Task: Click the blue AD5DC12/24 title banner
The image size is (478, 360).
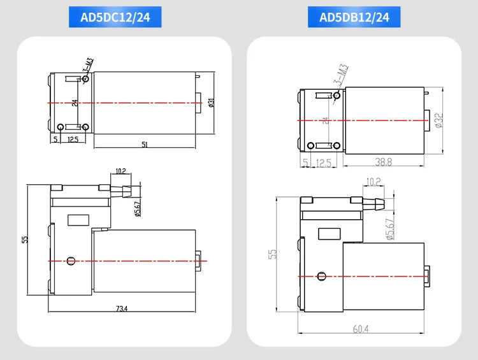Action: (x=115, y=17)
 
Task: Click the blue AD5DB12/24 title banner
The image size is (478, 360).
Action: (x=354, y=17)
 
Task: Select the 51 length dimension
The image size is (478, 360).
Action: (x=145, y=145)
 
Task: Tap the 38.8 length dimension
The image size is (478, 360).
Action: (x=384, y=162)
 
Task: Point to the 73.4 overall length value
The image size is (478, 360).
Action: (x=122, y=308)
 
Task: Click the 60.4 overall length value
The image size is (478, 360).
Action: (x=361, y=329)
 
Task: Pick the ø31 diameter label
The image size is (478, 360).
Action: (x=212, y=103)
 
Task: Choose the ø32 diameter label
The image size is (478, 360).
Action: (x=439, y=120)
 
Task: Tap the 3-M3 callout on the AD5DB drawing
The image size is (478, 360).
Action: (x=341, y=75)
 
